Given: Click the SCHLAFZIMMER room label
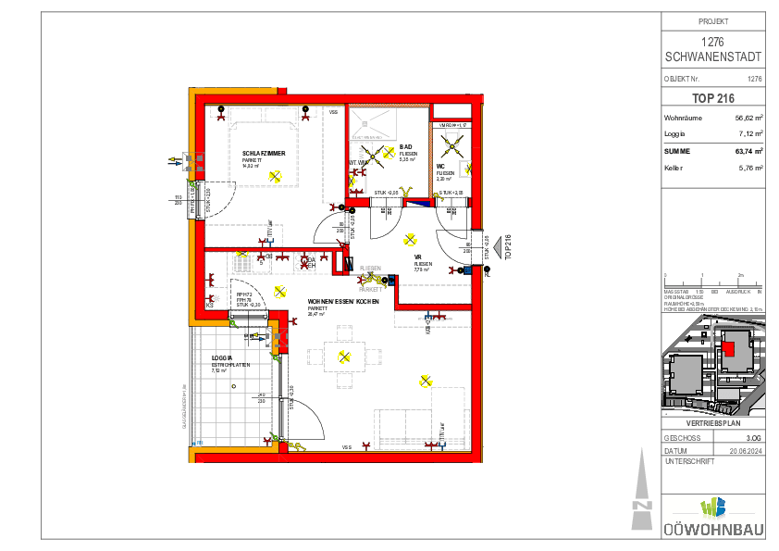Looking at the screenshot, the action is [263, 153].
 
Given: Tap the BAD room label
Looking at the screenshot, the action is [405, 146].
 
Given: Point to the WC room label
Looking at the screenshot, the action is [441, 168].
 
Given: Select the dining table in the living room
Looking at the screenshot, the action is [344, 355].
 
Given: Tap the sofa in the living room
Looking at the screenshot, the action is [421, 425].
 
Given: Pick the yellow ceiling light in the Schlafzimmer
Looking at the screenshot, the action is [275, 174].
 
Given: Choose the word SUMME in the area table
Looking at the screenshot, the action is [677, 151].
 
